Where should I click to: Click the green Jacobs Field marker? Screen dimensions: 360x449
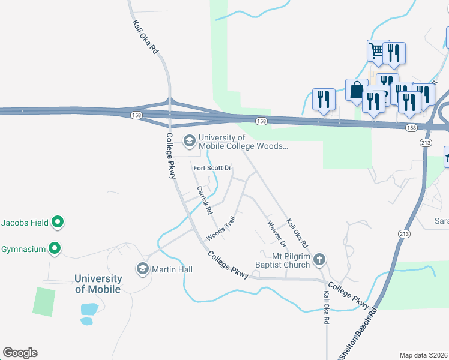(58, 223)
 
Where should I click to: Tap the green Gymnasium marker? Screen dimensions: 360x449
(55, 248)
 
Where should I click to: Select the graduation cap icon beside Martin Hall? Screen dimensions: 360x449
(143, 268)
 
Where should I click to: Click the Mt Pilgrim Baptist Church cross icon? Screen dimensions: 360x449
(319, 259)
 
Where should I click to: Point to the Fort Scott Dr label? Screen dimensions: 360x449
(212, 169)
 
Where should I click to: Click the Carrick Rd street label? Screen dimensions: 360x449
(205, 200)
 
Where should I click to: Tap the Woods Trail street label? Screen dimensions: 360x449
(220, 230)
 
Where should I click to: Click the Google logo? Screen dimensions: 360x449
(20, 353)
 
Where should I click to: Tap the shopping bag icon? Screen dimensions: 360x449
(356, 90)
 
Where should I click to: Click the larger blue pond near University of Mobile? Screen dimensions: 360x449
(89, 309)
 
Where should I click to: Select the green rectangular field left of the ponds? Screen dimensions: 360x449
(44, 302)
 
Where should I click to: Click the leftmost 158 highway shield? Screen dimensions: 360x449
(137, 114)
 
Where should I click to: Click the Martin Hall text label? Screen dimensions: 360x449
(172, 269)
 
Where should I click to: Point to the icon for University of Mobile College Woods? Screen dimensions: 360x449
(190, 141)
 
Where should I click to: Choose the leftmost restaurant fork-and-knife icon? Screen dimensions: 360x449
(324, 99)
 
